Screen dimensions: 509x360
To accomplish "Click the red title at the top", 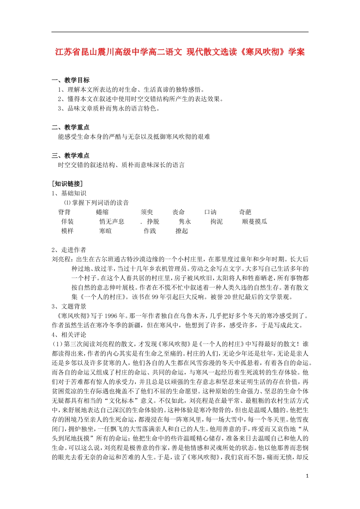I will [x=180, y=52].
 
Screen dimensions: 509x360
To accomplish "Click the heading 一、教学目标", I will [x=71, y=80].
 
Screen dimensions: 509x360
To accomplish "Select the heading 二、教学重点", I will [x=71, y=127].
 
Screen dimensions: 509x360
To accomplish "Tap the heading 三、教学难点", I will [x=71, y=155].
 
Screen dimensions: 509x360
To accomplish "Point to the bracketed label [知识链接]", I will [x=67, y=184].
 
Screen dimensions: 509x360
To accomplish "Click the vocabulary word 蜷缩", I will [x=102, y=212].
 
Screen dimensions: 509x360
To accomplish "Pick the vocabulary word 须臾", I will [x=147, y=212].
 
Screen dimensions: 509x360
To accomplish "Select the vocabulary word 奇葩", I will [x=245, y=212].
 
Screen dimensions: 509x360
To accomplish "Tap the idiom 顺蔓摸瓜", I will [x=255, y=222].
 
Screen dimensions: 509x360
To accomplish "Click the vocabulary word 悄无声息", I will [x=112, y=222].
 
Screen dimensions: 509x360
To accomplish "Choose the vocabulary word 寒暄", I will [x=105, y=231].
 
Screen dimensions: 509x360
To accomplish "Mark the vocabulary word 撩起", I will [x=182, y=231].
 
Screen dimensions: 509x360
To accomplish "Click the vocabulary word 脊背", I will [x=64, y=212].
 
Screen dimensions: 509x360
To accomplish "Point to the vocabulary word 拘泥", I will [x=216, y=222].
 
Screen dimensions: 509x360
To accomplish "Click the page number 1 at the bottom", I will [x=307, y=476].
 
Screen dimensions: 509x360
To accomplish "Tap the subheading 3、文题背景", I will [x=69, y=306].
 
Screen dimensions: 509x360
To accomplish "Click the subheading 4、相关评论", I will [x=69, y=335].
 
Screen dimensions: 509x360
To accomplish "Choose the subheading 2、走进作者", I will [x=69, y=250].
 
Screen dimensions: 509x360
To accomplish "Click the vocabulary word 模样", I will [x=67, y=231].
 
